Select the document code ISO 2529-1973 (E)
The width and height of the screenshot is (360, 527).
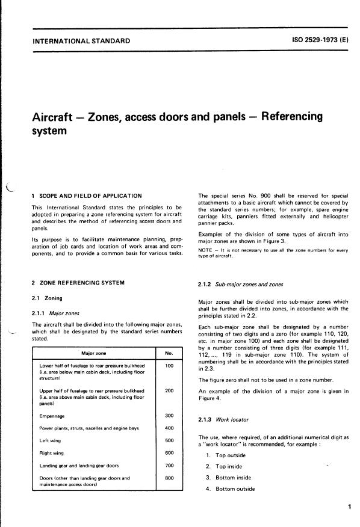(x=312, y=41)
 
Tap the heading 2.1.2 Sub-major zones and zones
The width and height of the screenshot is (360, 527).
(x=237, y=285)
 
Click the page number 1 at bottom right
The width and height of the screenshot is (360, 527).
(x=349, y=508)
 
